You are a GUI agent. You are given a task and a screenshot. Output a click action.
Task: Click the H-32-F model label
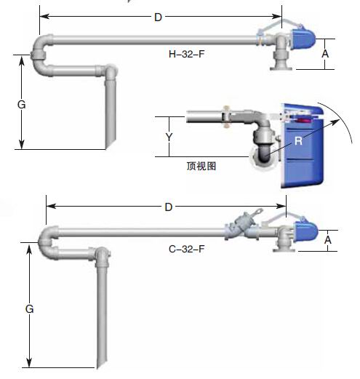(x=186, y=54)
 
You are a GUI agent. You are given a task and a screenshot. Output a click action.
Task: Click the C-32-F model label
(x=186, y=249)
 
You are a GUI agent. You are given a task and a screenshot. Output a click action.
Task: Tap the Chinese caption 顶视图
(x=201, y=166)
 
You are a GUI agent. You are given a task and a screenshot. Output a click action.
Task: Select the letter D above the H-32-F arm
(x=158, y=17)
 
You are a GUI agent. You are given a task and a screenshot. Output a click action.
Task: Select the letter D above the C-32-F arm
(x=169, y=207)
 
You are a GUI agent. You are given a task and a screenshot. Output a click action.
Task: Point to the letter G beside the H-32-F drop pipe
(x=22, y=105)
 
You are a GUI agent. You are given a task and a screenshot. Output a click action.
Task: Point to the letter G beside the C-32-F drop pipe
(x=29, y=309)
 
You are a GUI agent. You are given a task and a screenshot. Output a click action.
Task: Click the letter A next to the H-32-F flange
(x=325, y=54)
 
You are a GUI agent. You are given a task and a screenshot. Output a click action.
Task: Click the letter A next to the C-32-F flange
(x=328, y=240)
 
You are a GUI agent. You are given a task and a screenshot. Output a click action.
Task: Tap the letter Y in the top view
(x=169, y=137)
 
